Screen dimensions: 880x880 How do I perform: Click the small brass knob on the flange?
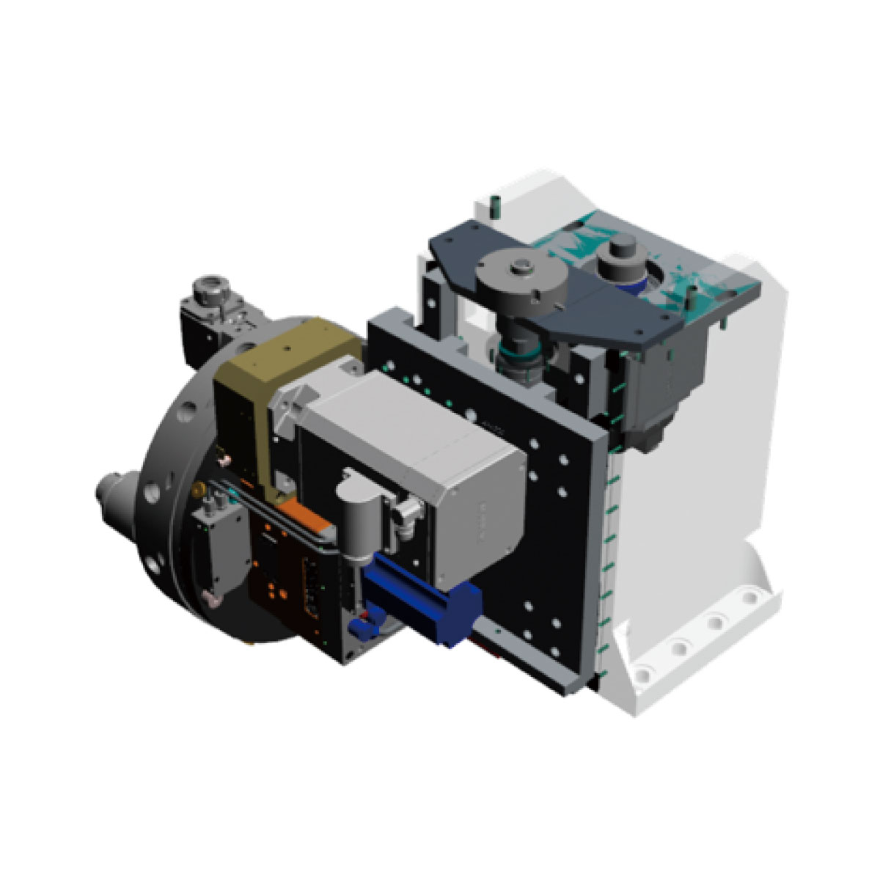pyautogui.click(x=196, y=487)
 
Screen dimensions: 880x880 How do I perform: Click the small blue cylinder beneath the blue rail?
pyautogui.click(x=361, y=627)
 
